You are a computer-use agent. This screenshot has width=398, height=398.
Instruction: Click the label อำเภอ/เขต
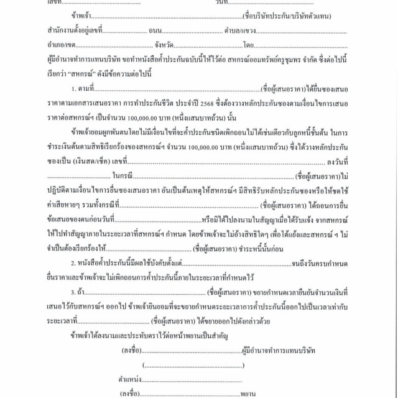53,45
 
